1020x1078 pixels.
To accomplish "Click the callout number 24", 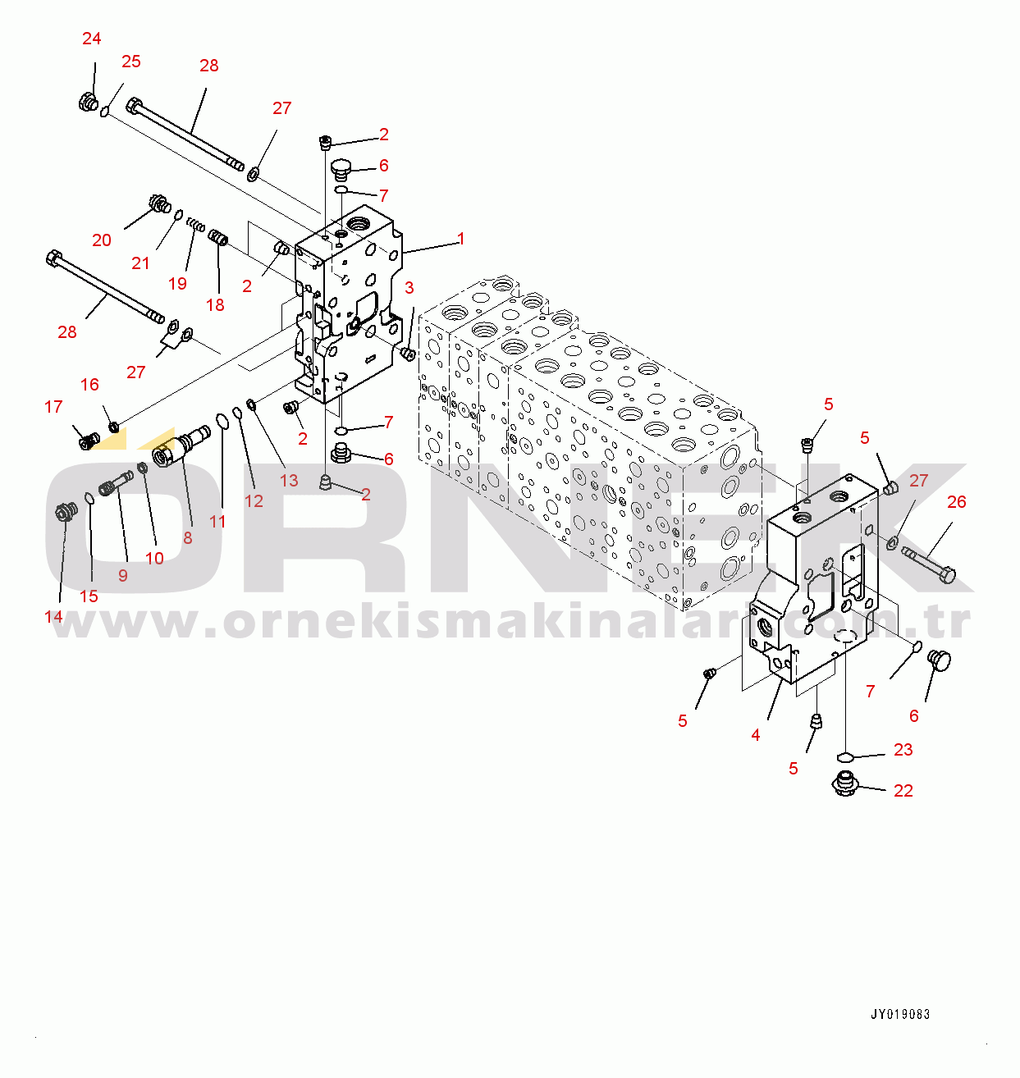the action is (x=92, y=39).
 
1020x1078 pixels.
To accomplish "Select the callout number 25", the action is (x=131, y=62).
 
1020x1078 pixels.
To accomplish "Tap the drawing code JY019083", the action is (x=900, y=1014).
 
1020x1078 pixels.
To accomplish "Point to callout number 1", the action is (x=461, y=239).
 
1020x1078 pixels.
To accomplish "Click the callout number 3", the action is (x=409, y=287).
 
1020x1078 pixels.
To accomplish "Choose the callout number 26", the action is (x=956, y=502).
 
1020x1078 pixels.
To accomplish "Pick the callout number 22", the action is (x=903, y=791).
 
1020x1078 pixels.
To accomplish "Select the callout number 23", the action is (x=903, y=750).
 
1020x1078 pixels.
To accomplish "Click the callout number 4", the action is (x=756, y=735).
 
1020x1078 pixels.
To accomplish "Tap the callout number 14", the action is (x=53, y=617).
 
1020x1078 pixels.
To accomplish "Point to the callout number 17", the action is (x=53, y=407).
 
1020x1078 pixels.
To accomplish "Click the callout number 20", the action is (x=102, y=240).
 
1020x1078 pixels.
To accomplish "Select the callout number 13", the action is (x=289, y=480).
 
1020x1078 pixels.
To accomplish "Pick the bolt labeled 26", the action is (x=928, y=564).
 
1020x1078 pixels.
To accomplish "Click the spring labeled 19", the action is (x=195, y=224).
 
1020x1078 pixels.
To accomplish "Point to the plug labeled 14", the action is (x=66, y=513).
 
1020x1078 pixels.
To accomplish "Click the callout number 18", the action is (x=215, y=305).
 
